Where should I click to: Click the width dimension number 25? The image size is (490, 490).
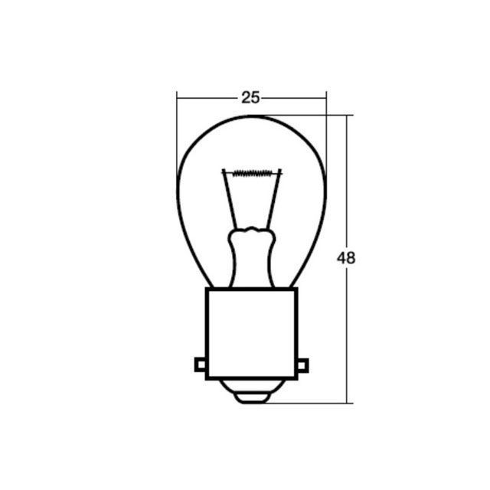[251, 97]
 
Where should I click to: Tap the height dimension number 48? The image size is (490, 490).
[346, 258]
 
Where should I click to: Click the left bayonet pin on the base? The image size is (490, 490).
[201, 365]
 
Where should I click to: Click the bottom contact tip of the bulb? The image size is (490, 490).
[251, 398]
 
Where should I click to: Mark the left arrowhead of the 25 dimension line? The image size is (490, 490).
[178, 97]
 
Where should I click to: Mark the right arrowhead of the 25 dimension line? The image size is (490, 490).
[325, 97]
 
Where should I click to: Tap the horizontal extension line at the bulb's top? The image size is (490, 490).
[306, 116]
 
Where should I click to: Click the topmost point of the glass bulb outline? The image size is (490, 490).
[251, 116]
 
